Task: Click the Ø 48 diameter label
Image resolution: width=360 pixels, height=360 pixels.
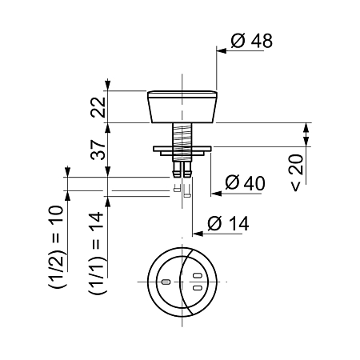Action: coord(252,41)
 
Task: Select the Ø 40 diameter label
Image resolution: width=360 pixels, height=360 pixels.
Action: coord(245,182)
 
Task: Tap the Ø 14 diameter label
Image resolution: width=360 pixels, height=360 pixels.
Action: coord(228,223)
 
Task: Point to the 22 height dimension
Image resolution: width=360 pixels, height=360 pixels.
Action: coord(98,107)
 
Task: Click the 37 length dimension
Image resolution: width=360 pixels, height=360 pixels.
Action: coord(98,150)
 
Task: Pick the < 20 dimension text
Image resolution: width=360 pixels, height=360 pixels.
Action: coord(297,173)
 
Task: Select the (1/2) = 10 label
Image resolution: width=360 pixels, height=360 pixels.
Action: coord(56,246)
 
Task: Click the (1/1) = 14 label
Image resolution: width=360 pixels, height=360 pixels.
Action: coord(96,253)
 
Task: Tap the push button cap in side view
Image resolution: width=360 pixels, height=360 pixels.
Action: coord(182,107)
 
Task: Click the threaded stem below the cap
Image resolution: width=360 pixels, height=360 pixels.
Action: coord(182,134)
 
